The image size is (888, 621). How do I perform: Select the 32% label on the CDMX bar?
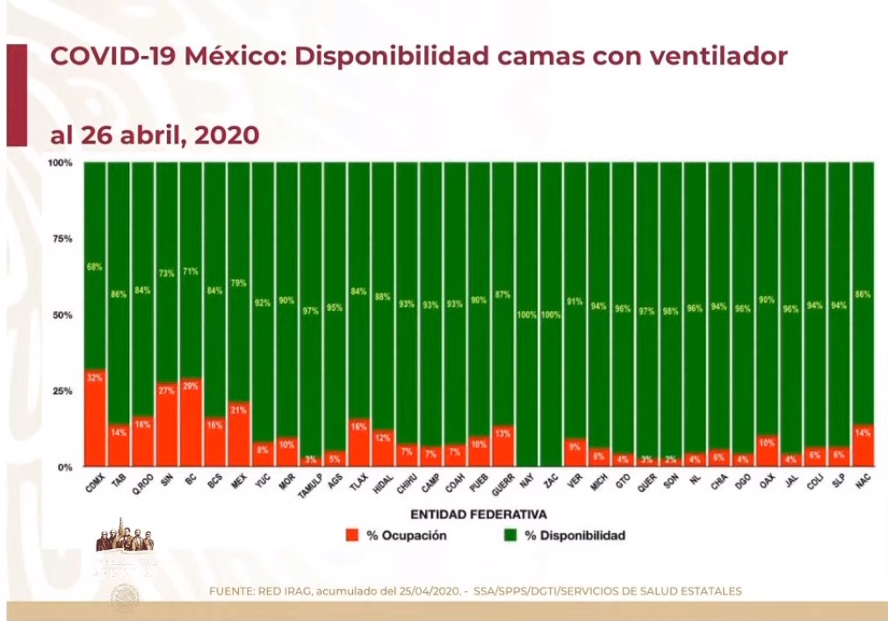95,378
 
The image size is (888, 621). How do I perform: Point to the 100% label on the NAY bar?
527,314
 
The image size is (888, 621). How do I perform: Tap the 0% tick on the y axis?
65,467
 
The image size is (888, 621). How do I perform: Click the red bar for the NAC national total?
862,446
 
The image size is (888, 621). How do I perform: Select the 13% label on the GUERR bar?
502,432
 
